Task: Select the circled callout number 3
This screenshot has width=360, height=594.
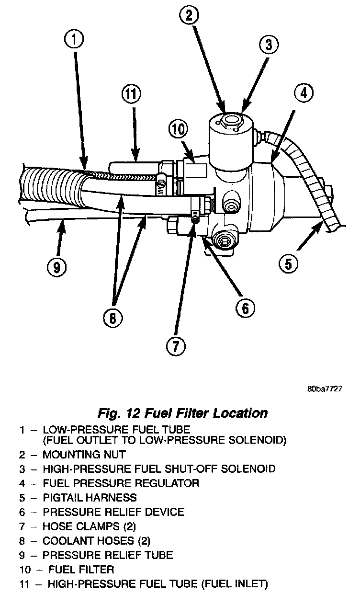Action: point(269,45)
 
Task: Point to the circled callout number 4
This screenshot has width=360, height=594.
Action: point(304,93)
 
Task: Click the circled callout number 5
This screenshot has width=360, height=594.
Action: point(289,263)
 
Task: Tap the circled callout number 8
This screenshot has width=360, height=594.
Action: point(113,318)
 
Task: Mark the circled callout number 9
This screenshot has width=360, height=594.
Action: point(56,267)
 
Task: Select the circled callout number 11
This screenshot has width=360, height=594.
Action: point(131,94)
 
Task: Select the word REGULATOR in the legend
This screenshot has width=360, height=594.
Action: point(168,483)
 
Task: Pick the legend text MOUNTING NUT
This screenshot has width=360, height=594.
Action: point(84,455)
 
